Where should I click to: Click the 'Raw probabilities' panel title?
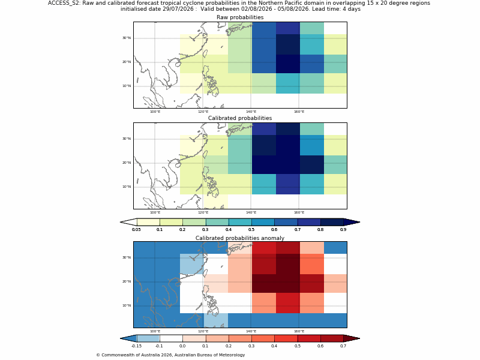click(x=240, y=17)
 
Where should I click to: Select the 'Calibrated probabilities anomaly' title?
click(x=240, y=238)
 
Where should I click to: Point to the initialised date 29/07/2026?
click(x=178, y=9)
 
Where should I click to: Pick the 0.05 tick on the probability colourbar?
click(x=137, y=230)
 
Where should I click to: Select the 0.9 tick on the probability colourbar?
click(x=343, y=230)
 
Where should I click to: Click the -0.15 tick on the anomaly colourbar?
click(x=137, y=346)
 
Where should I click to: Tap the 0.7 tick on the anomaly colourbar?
click(x=343, y=346)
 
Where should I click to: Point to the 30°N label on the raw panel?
click(x=127, y=38)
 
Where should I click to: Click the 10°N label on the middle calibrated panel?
click(x=127, y=187)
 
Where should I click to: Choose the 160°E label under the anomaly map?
click(x=299, y=331)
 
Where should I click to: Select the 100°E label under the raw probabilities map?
click(x=155, y=112)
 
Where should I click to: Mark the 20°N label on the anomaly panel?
click(x=127, y=281)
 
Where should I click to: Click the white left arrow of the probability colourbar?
click(x=128, y=222)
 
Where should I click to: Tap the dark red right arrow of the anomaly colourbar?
click(x=352, y=338)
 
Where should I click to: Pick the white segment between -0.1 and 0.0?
click(x=171, y=338)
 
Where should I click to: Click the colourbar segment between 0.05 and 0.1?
click(x=148, y=222)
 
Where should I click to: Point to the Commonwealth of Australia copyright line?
click(x=170, y=355)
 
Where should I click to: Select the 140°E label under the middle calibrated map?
click(x=251, y=212)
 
